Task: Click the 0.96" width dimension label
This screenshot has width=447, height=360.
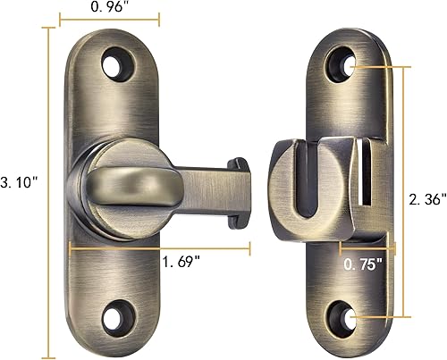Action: coord(109,7)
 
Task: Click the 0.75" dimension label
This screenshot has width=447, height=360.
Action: coord(365,265)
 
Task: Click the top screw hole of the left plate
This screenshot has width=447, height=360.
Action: coord(115,65)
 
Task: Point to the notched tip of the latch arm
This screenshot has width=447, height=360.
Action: coord(240,191)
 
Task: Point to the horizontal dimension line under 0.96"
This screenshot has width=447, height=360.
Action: coord(109,19)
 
